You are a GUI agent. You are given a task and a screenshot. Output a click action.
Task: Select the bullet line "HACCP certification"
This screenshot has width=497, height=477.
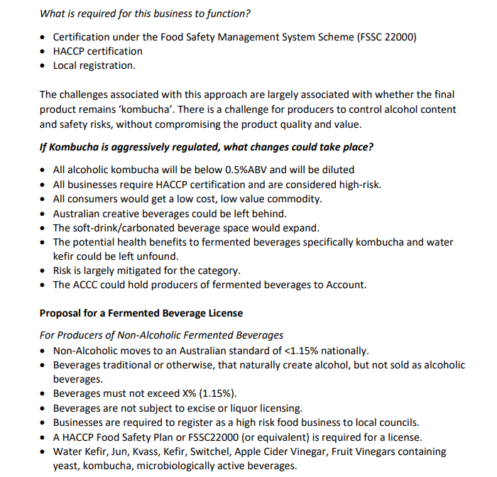tap(98, 51)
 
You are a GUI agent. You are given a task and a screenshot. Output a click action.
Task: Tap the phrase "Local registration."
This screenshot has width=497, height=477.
tap(94, 65)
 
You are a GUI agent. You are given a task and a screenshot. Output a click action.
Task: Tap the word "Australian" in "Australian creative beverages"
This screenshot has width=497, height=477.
tap(79, 214)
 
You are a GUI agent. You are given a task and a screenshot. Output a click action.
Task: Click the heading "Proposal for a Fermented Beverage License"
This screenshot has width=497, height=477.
tap(141, 313)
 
